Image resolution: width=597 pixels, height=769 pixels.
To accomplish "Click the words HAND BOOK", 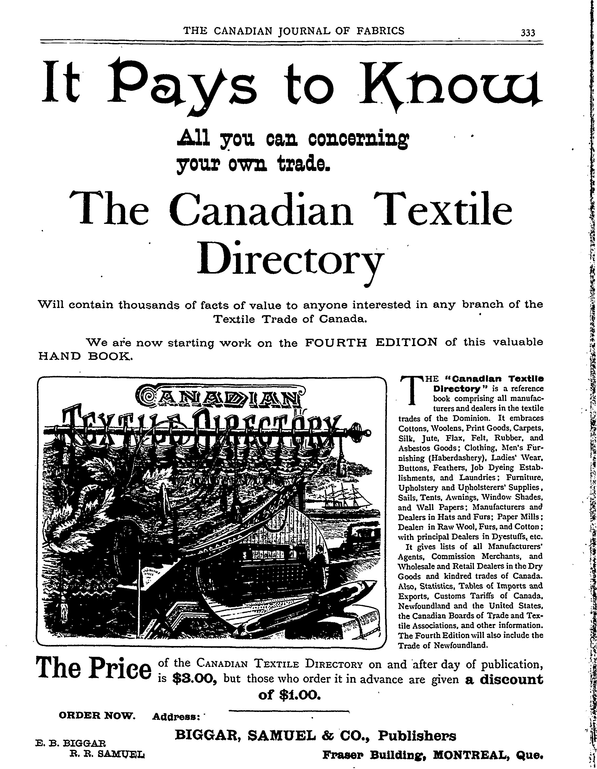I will (x=84, y=357).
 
